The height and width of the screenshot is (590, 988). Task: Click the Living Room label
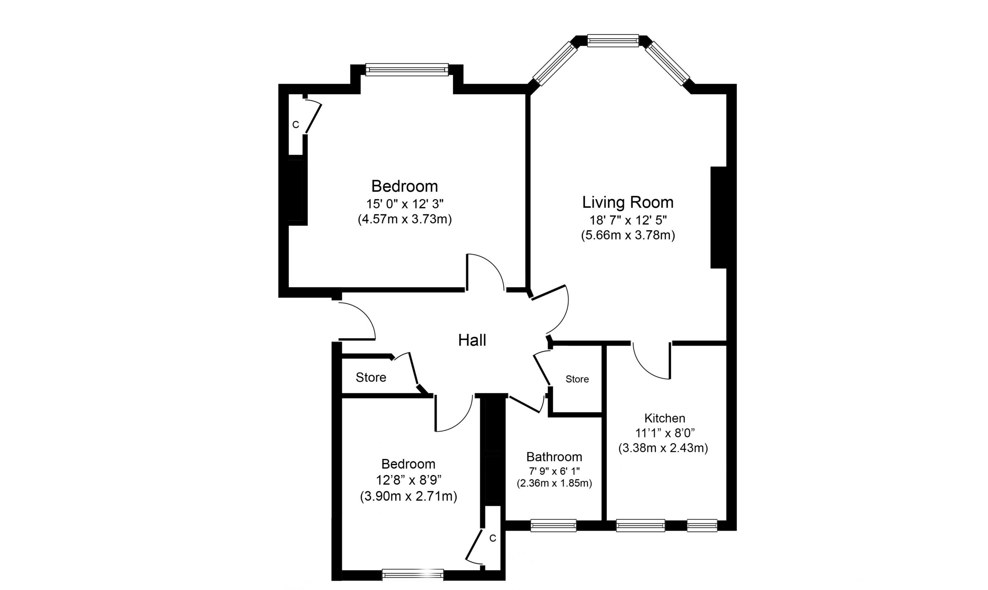click(628, 202)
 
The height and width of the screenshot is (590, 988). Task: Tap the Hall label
click(472, 341)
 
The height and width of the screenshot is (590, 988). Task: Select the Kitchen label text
click(665, 418)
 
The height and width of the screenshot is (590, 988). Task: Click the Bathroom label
click(554, 457)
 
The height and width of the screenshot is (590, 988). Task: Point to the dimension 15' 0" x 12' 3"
click(405, 204)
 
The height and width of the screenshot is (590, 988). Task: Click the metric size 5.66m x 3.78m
click(628, 235)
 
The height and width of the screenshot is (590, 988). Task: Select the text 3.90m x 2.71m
click(408, 497)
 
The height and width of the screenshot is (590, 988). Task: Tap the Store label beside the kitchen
click(577, 379)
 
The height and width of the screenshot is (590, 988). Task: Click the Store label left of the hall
click(371, 377)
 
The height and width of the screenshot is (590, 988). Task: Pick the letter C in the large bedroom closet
click(296, 125)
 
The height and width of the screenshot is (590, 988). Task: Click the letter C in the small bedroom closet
click(492, 538)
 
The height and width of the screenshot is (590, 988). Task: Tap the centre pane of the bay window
click(613, 40)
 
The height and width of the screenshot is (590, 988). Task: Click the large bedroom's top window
click(407, 70)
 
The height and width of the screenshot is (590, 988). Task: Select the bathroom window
click(553, 526)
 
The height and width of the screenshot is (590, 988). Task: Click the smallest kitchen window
click(702, 526)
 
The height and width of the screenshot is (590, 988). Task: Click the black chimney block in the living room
click(719, 217)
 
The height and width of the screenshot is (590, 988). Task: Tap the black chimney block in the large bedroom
click(297, 192)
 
